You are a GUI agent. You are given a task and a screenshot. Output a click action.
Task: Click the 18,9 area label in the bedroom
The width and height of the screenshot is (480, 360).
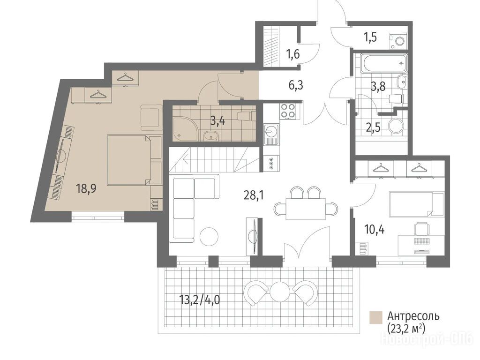(86, 188)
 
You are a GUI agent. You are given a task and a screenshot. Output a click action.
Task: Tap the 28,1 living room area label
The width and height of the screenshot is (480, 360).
(254, 195)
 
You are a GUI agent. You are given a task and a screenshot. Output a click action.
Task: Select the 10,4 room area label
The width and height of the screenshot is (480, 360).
(375, 229)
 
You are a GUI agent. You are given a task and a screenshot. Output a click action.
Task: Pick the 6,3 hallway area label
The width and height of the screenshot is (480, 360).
(296, 85)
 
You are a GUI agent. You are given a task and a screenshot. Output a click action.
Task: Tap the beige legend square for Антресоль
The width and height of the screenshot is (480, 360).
(375, 317)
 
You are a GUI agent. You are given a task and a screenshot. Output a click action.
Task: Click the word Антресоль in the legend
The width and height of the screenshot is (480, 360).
(413, 316)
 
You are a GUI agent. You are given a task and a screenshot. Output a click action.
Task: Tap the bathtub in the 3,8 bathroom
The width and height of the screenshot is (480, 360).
(384, 64)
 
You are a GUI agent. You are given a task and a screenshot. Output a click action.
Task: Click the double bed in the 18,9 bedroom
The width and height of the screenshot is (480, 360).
(135, 160)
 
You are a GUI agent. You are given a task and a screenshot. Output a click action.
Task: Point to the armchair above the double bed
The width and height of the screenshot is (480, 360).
(151, 118)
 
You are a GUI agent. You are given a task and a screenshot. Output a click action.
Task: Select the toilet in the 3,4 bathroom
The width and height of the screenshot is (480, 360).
(245, 116)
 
